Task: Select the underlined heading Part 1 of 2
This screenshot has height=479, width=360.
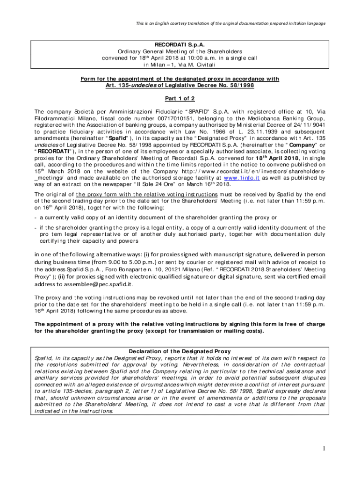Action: pos(180,98)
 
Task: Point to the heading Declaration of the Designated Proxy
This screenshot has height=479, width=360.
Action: pos(180,351)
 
